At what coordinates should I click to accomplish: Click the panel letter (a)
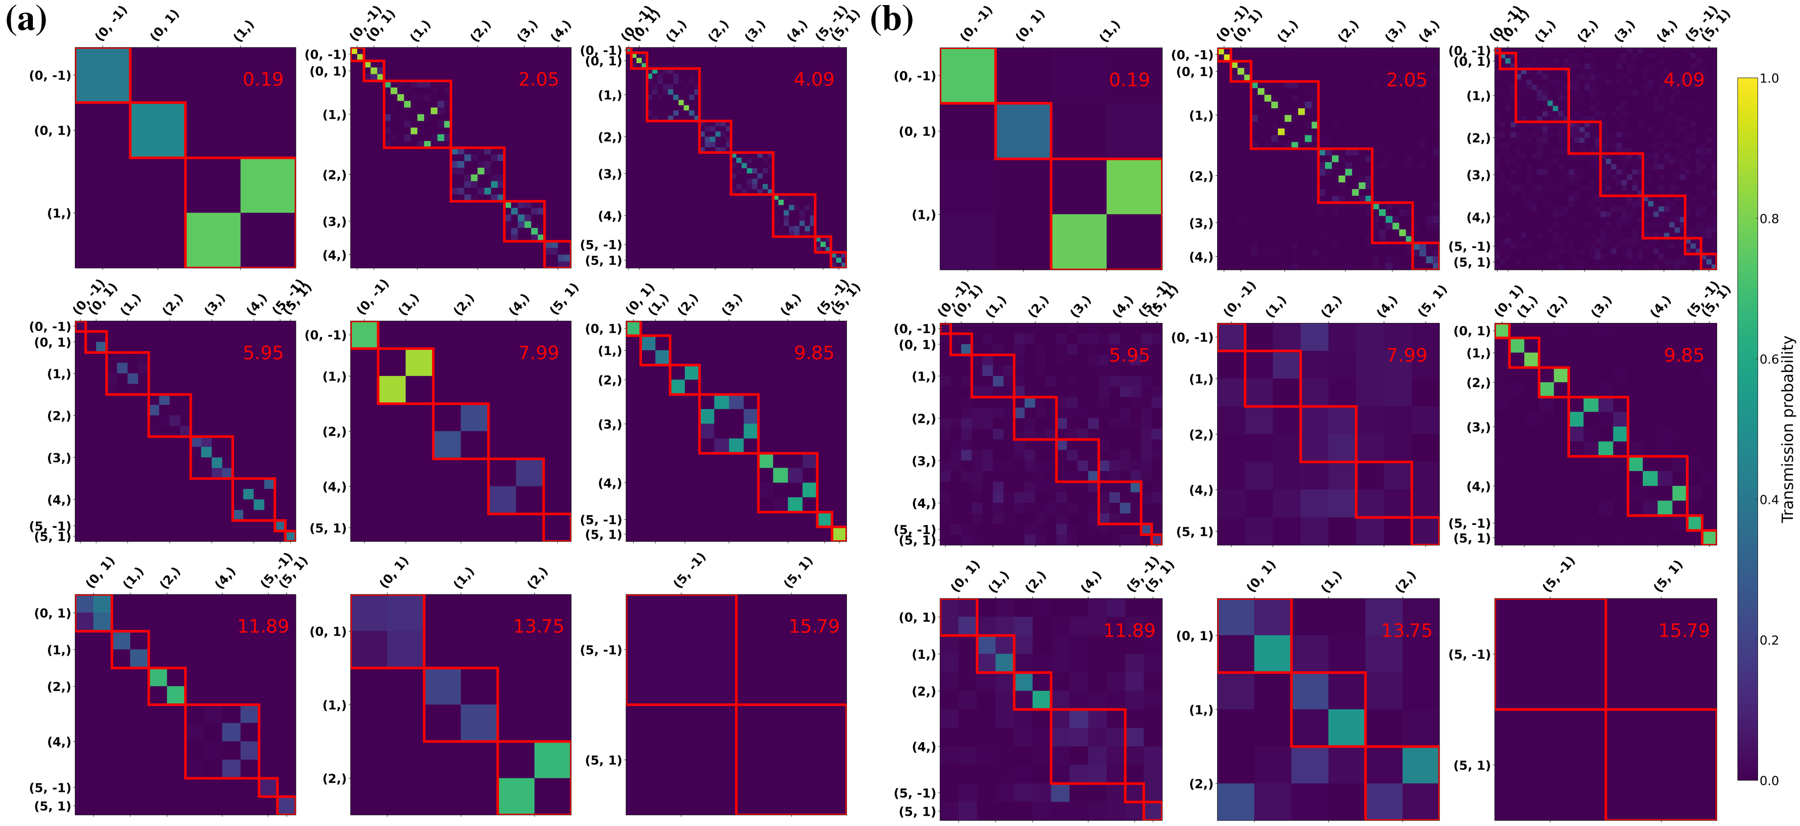click(26, 20)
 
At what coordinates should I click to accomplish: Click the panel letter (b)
click(891, 20)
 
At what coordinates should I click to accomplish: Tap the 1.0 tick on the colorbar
click(1769, 78)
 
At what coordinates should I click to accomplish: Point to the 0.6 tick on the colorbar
click(1769, 359)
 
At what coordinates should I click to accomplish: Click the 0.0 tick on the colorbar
click(1769, 780)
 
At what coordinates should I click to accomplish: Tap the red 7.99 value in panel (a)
click(538, 353)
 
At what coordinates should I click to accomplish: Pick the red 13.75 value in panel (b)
click(1406, 630)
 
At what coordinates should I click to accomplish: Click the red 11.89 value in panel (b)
click(1129, 630)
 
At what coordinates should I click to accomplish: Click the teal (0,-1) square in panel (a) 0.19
click(103, 75)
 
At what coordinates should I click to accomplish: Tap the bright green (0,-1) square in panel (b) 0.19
click(967, 75)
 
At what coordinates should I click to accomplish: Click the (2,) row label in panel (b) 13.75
click(1200, 784)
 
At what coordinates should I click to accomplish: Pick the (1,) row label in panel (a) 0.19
click(59, 213)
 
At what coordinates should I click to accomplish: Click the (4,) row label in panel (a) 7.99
click(334, 486)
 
